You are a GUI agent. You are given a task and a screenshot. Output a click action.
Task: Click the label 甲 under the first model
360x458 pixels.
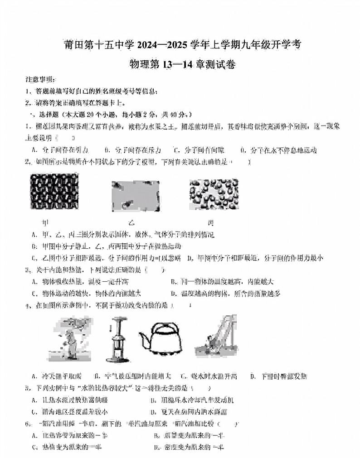(x=46, y=223)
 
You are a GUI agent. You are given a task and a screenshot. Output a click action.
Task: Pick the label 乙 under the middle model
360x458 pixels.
(x=131, y=223)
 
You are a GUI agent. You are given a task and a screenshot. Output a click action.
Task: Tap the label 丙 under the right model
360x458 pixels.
(x=210, y=223)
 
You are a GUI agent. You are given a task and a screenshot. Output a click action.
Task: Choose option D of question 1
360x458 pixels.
(x=277, y=150)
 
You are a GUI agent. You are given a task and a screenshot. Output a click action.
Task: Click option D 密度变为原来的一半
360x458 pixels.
(x=190, y=448)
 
